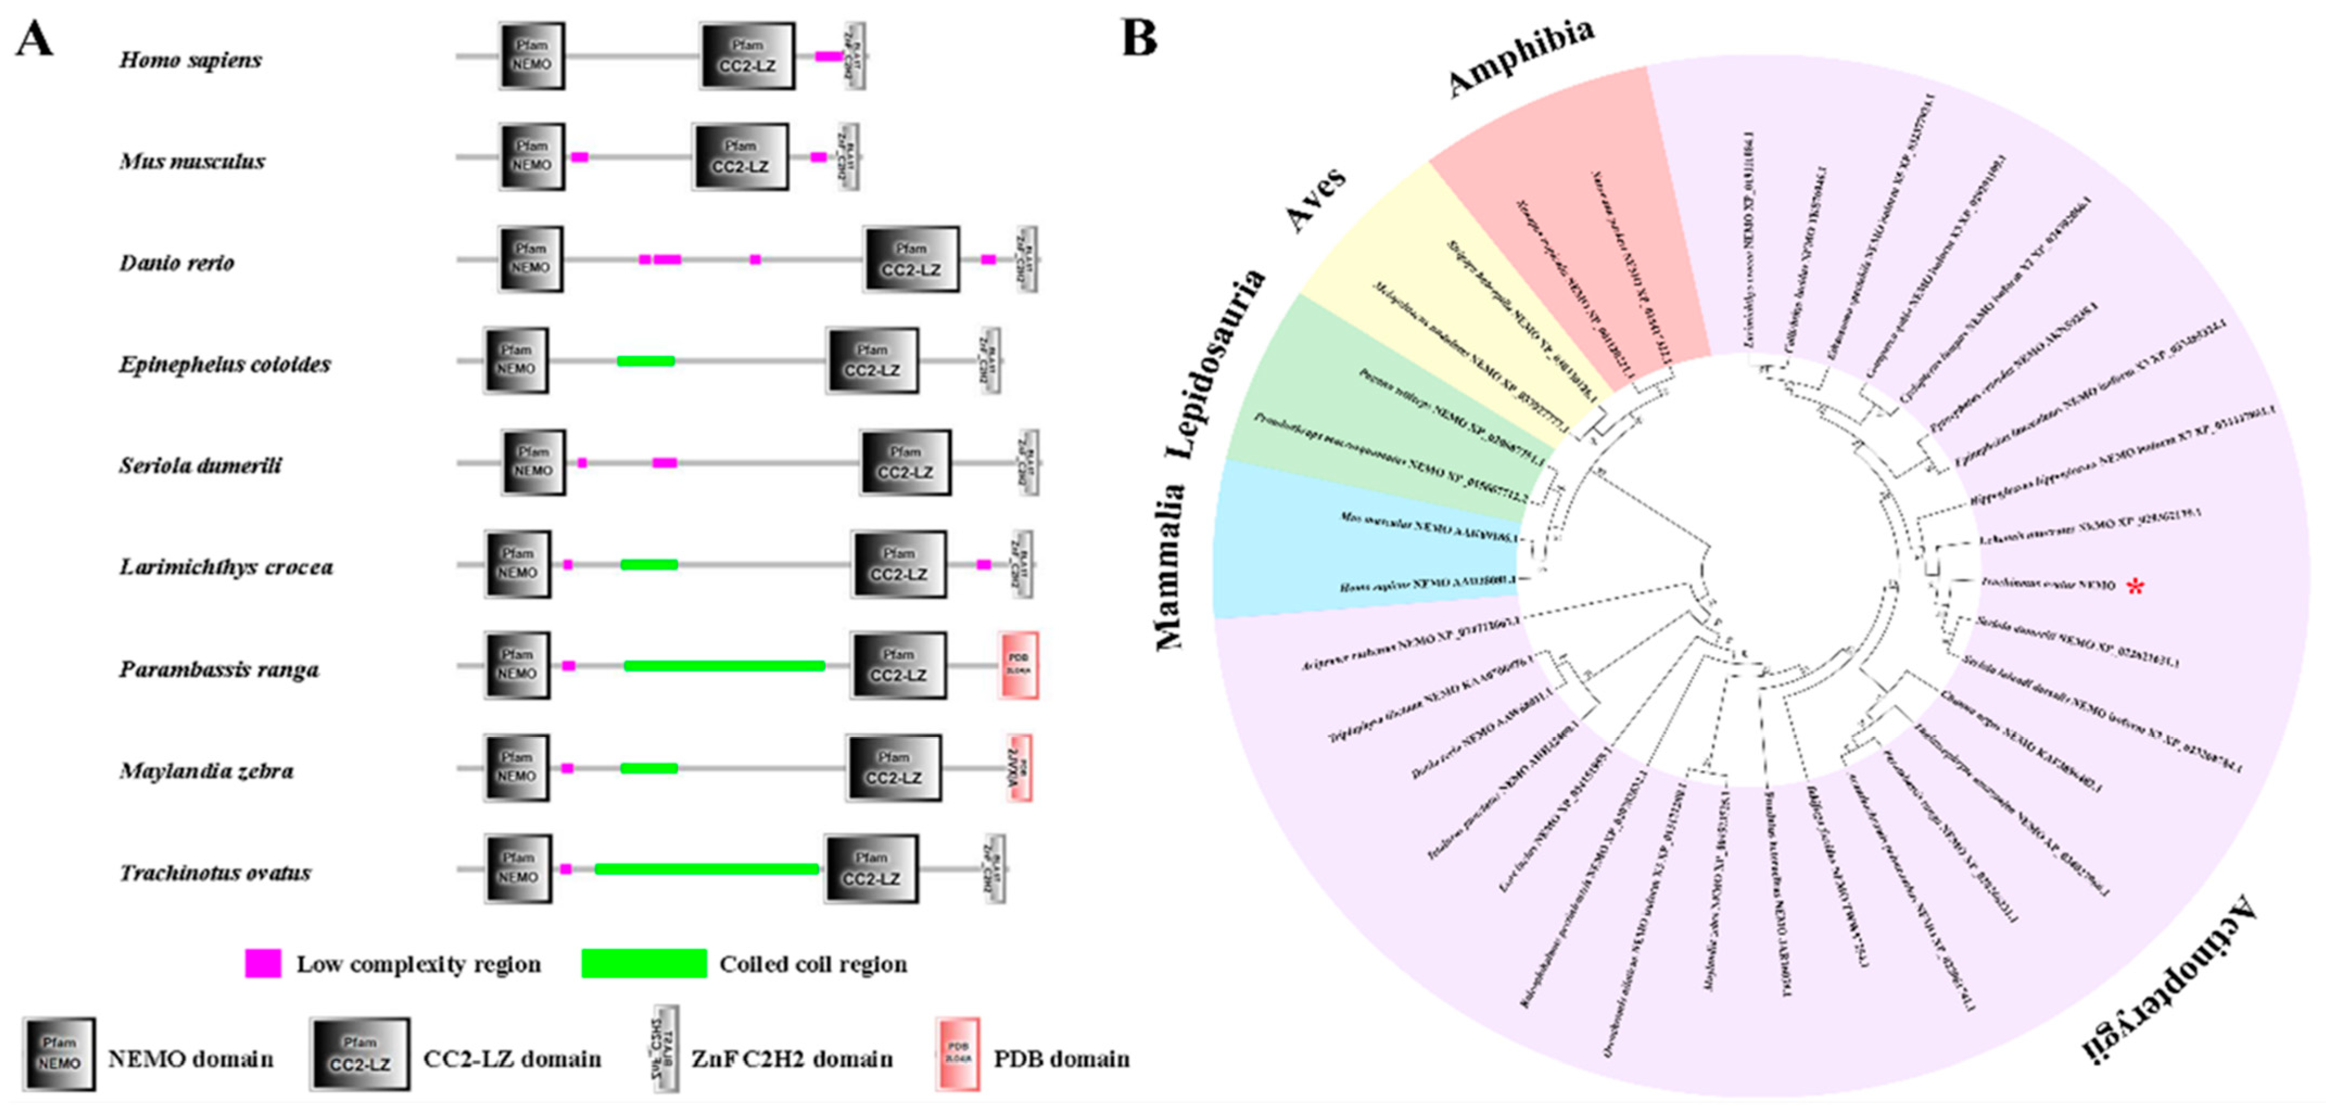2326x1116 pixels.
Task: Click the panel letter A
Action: coord(34,39)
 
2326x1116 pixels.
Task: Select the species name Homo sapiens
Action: coord(190,60)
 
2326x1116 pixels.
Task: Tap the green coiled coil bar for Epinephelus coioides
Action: coord(646,361)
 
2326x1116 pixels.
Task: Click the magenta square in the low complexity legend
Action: coord(263,963)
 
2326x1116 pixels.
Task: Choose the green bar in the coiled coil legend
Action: coord(644,963)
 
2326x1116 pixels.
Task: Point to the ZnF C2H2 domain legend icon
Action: coord(666,1049)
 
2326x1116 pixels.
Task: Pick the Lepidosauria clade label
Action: coord(1215,363)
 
